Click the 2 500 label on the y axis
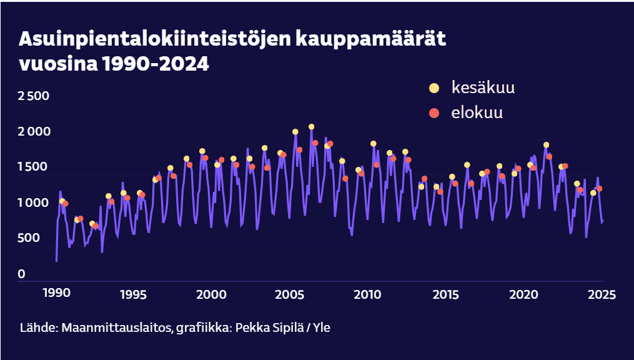34,96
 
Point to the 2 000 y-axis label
34,132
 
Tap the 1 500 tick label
34,167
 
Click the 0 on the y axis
22,274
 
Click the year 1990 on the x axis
56,294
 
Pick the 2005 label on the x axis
290,294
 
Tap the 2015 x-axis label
446,294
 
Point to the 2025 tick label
602,294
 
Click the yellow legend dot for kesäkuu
434,88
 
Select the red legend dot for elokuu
434,113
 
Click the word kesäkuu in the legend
483,88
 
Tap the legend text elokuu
477,113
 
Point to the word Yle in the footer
321,327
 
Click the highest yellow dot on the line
311,127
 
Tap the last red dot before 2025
599,189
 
